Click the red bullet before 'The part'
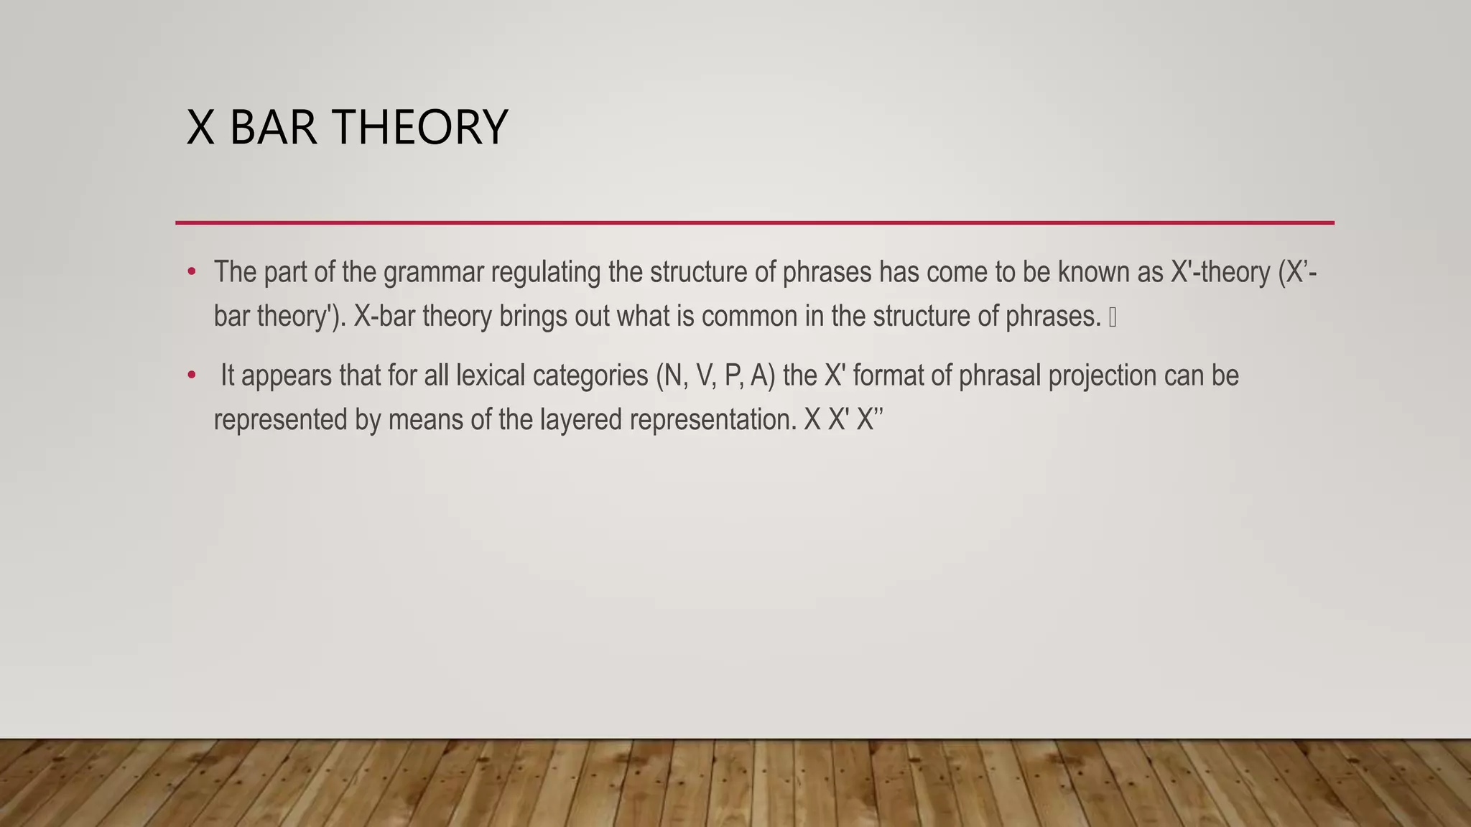coord(191,272)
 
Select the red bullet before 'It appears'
coord(191,375)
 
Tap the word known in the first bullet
coord(1093,273)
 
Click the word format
coord(888,375)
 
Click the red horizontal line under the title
coord(754,223)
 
